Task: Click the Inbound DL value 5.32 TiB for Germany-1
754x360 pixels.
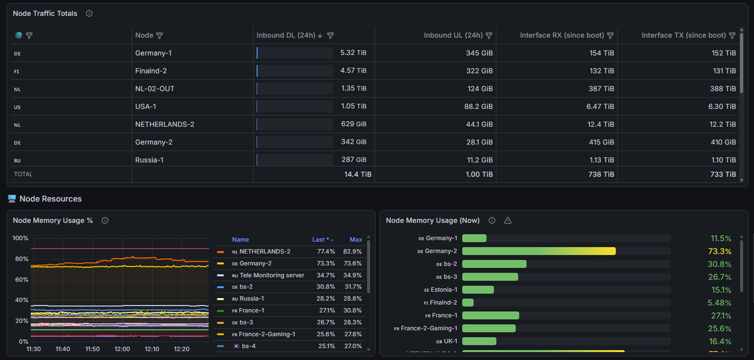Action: pos(353,53)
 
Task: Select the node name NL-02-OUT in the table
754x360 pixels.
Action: pos(155,89)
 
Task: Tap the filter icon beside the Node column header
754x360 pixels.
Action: pos(160,35)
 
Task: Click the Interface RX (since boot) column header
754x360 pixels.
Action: pos(562,35)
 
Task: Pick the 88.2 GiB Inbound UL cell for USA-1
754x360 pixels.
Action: pos(479,106)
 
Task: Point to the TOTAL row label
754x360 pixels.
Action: pos(23,174)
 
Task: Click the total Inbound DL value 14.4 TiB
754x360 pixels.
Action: pos(358,174)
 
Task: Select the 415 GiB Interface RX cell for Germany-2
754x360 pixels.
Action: pos(601,142)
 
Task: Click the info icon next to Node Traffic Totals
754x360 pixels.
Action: pos(89,13)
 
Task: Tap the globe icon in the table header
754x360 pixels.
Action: pos(18,35)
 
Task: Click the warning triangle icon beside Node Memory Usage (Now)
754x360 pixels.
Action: pos(508,220)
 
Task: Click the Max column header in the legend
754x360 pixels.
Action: pos(356,240)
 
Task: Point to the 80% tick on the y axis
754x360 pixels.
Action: pos(21,258)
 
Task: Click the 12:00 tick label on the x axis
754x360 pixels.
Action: pos(122,349)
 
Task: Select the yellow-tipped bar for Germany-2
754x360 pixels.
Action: pos(539,251)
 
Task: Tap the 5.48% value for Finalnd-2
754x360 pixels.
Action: pos(719,303)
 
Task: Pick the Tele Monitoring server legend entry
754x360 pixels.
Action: pos(268,275)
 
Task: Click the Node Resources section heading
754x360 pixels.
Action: pos(51,199)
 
